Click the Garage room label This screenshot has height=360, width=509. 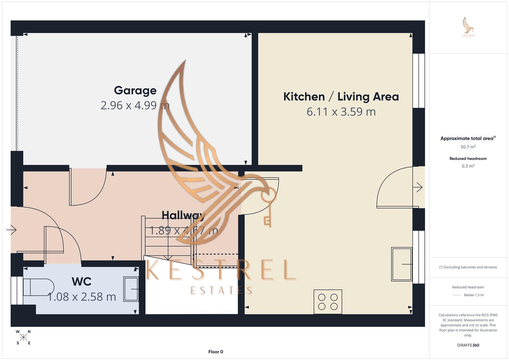(135, 90)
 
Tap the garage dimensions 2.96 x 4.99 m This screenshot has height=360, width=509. (135, 105)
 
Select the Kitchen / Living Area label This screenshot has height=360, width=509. (341, 97)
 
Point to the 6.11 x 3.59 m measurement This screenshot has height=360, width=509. (341, 112)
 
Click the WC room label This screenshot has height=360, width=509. (81, 282)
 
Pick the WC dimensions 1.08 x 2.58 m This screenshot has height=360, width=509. (82, 297)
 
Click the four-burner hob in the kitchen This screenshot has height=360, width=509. (328, 302)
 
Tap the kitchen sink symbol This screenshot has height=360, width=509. (402, 264)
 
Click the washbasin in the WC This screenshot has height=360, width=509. (131, 289)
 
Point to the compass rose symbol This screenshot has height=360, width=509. (23, 337)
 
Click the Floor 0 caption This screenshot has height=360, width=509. (216, 352)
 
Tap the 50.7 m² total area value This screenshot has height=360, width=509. (468, 147)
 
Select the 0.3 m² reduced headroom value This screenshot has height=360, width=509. (468, 166)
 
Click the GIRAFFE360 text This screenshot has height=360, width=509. (468, 345)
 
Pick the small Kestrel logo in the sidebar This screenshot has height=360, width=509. (468, 27)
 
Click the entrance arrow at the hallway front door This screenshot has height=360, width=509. (12, 230)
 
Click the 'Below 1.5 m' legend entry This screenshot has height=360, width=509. (474, 295)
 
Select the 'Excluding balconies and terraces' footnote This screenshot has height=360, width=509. (468, 267)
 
